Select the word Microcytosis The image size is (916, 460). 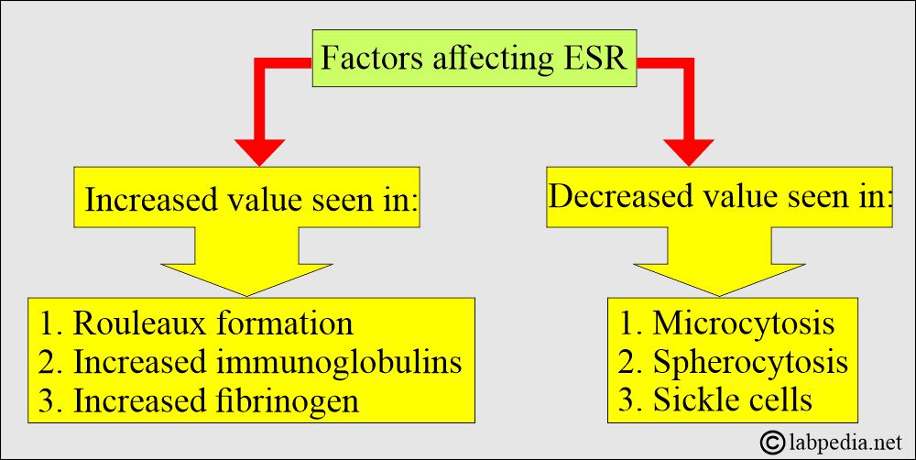tap(743, 323)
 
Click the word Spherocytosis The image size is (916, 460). tap(750, 363)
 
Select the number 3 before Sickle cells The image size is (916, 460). tap(629, 400)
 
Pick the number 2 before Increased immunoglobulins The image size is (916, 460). tap(49, 363)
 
